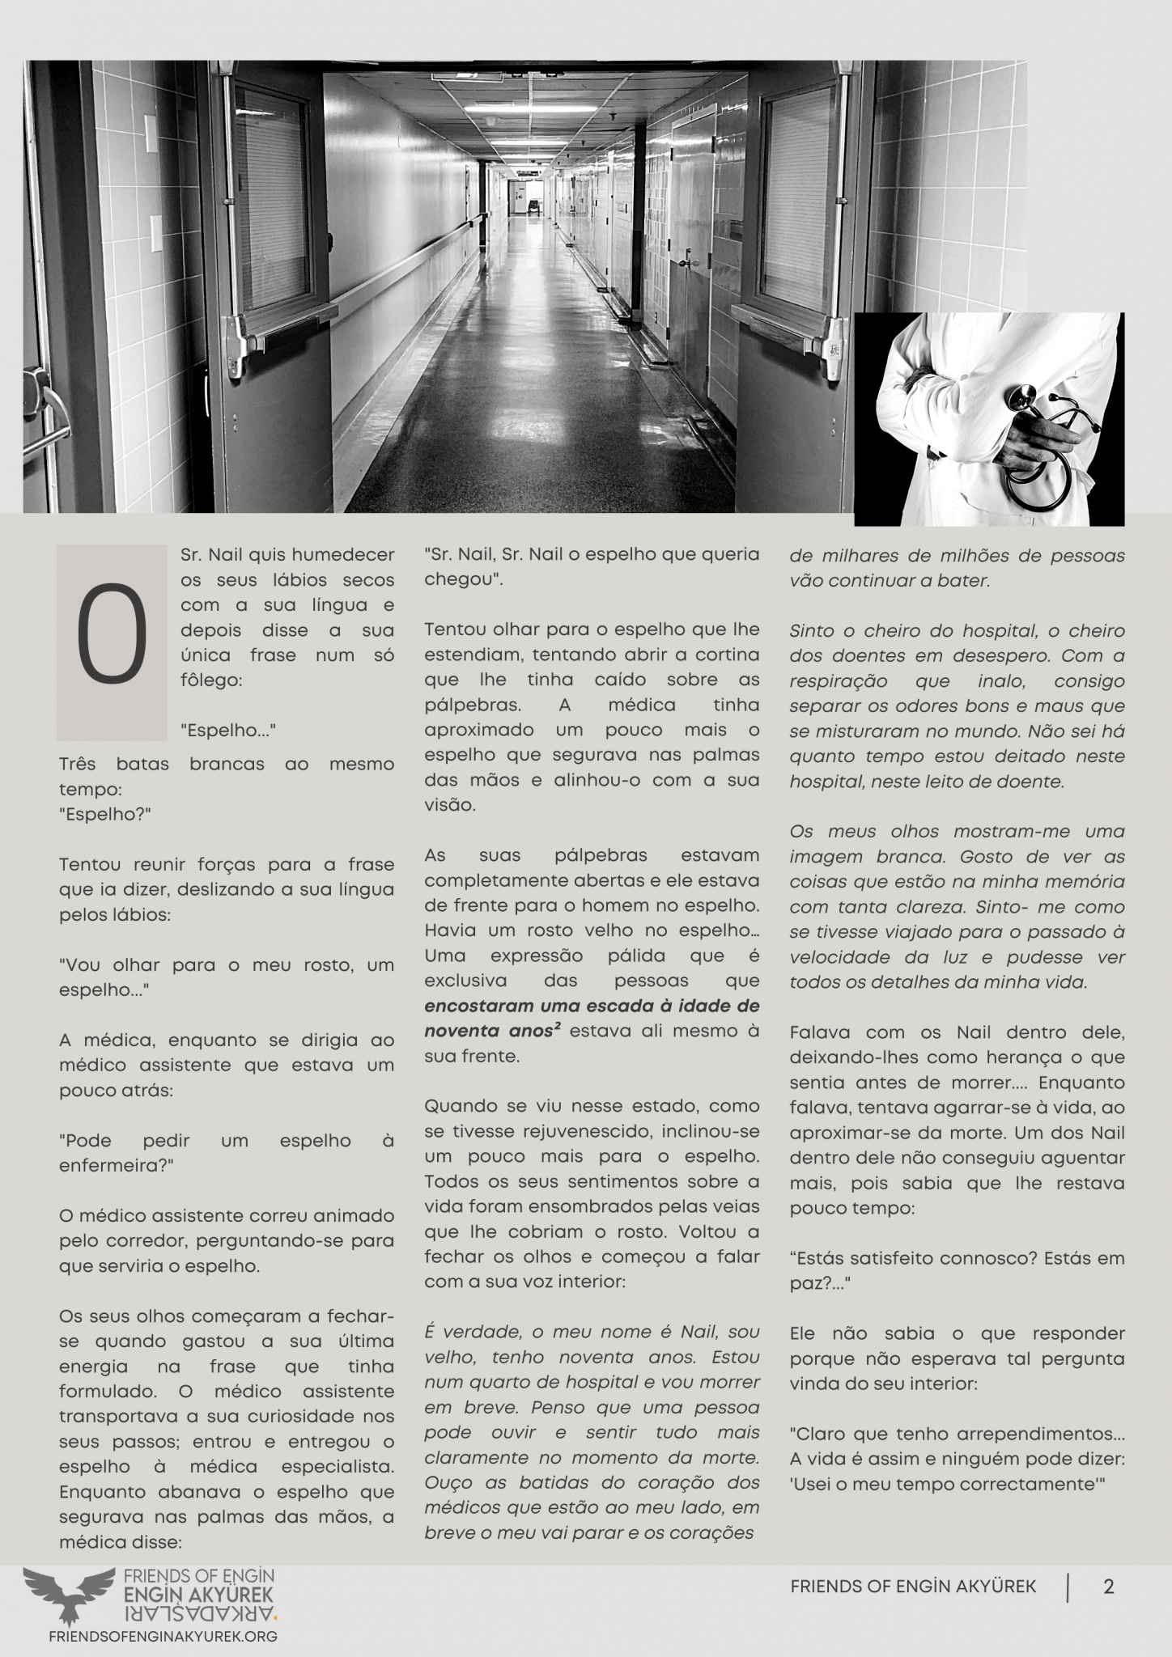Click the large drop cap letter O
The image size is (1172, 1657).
coord(112,642)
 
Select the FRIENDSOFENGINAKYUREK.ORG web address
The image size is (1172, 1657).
coord(163,1635)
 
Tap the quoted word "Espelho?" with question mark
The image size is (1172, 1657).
coord(105,814)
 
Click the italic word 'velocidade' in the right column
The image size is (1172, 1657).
coord(834,957)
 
